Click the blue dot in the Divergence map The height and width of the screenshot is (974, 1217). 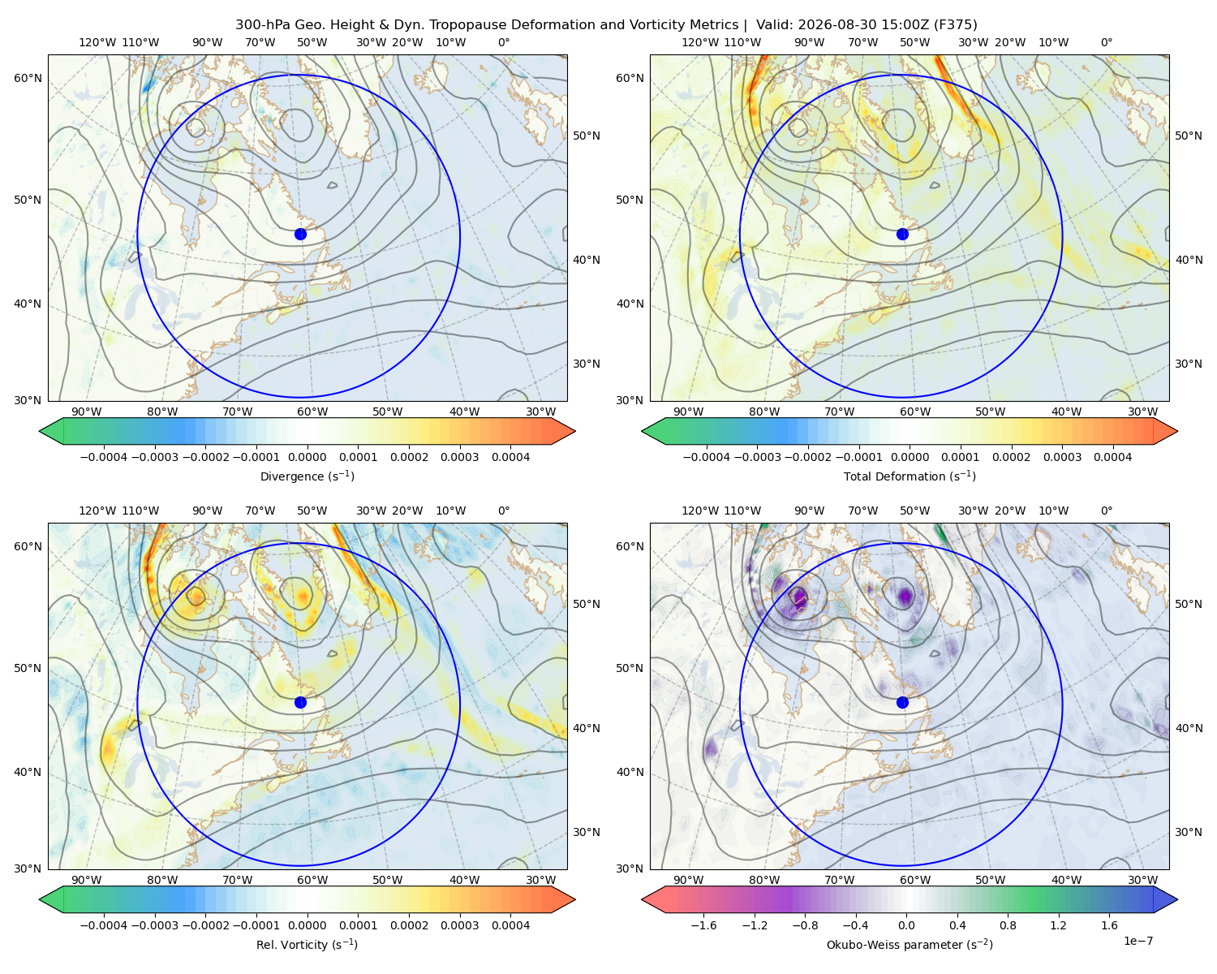(300, 235)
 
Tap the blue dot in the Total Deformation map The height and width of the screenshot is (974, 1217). (902, 235)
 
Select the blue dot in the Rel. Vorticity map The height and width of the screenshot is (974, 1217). (300, 702)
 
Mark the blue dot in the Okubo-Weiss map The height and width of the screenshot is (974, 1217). (902, 702)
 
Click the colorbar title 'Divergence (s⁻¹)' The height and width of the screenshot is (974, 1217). (307, 476)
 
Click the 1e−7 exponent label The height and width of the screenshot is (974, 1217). (1137, 941)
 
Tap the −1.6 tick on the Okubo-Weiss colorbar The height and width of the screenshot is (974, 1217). (704, 925)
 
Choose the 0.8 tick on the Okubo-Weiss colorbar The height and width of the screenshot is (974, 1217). (1008, 925)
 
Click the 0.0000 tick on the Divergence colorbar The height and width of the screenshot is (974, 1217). (307, 457)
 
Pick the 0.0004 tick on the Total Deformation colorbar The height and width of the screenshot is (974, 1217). (1113, 457)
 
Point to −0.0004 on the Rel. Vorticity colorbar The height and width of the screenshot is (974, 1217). (104, 925)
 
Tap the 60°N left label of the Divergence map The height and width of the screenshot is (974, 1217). (28, 78)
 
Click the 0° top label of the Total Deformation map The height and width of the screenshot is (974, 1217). (1107, 42)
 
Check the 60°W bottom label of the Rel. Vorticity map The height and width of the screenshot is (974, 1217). (312, 880)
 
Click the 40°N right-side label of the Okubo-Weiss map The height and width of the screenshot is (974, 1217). (1189, 728)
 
